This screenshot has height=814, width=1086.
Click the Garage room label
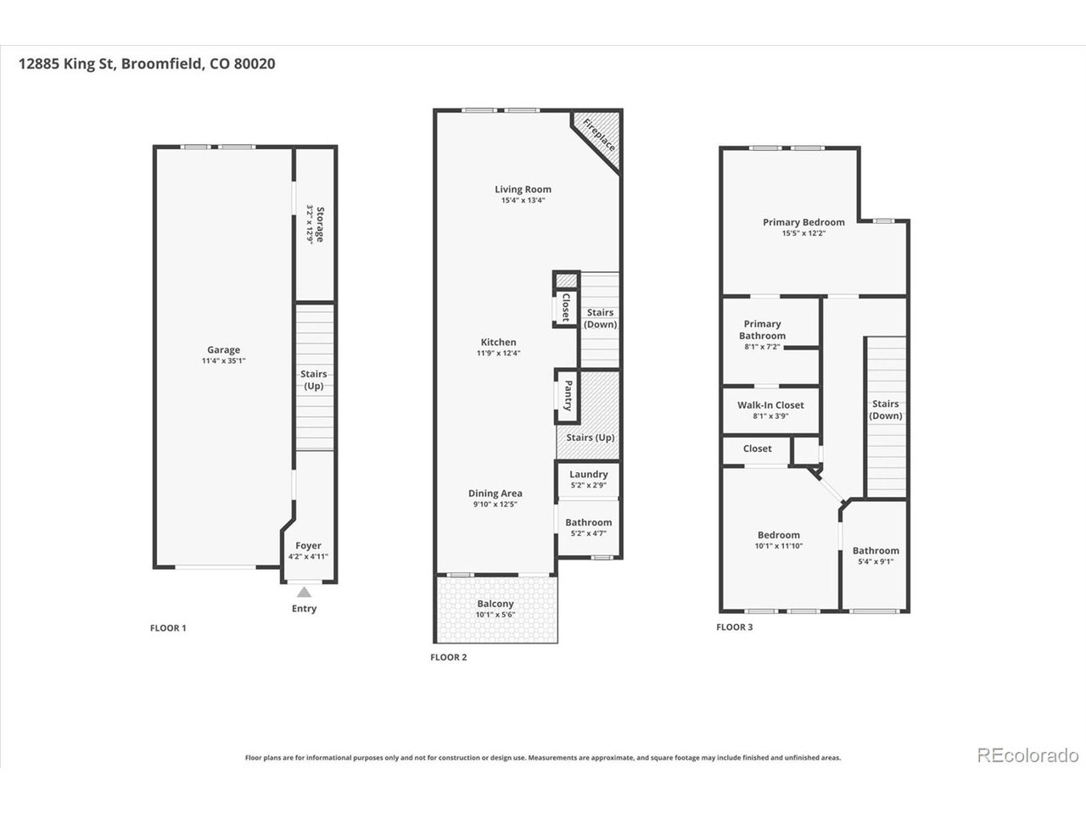(x=224, y=349)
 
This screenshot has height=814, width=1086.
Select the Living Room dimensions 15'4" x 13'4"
(x=523, y=200)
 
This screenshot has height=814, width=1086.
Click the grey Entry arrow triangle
(x=304, y=592)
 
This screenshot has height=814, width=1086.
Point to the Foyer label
(x=308, y=545)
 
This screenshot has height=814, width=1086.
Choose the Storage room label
(x=320, y=225)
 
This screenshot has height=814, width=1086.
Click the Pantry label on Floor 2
(x=568, y=395)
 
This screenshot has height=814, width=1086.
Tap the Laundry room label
(x=588, y=474)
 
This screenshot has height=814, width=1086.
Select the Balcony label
(x=495, y=604)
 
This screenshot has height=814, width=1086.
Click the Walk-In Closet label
(x=770, y=404)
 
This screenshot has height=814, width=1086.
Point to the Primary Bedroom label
(x=803, y=222)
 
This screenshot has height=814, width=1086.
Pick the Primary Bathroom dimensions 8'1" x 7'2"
(x=762, y=347)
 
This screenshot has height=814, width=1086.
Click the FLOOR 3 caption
(x=734, y=627)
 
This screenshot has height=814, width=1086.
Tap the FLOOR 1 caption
(x=168, y=628)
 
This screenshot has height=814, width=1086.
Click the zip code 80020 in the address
(x=255, y=64)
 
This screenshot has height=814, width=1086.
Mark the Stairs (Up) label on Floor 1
(x=314, y=380)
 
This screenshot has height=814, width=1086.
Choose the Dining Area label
(x=495, y=493)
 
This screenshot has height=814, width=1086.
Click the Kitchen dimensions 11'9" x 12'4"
(x=498, y=353)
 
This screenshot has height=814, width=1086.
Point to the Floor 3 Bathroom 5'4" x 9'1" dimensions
(x=876, y=561)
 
